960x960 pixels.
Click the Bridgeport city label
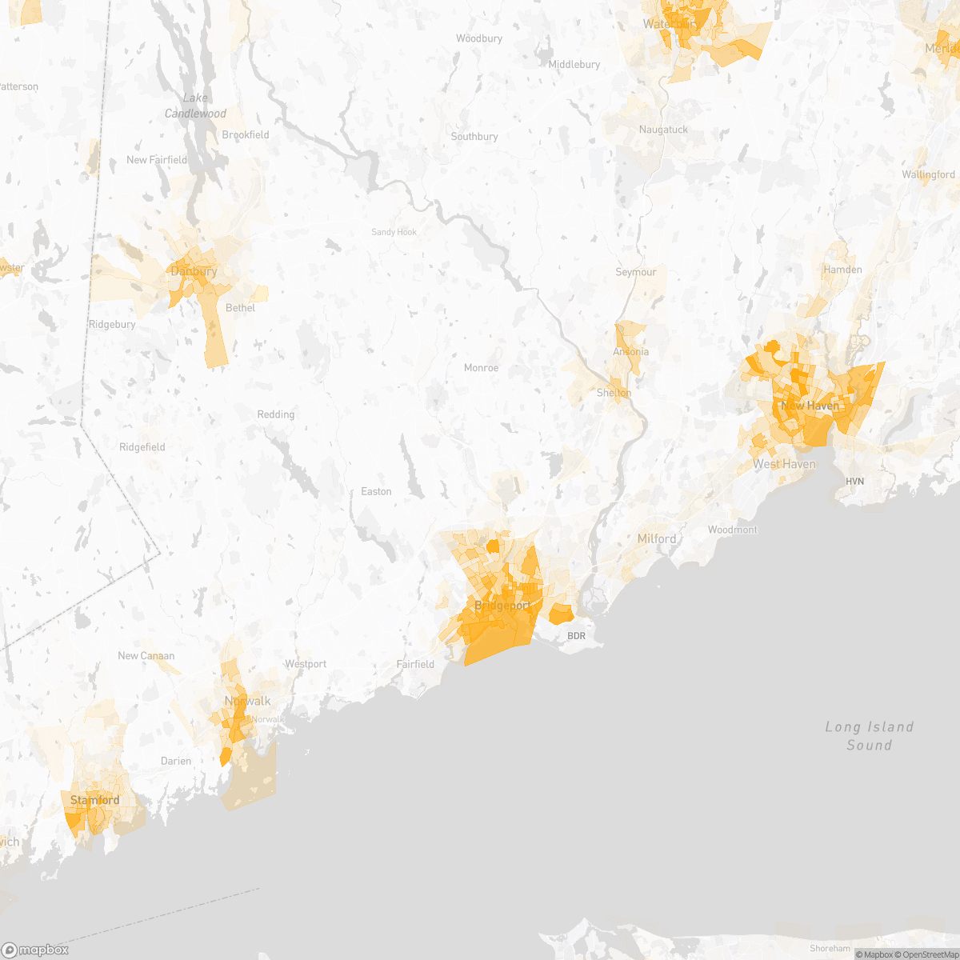pyautogui.click(x=502, y=606)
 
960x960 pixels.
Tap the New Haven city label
pyautogui.click(x=810, y=406)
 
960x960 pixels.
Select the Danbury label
pyautogui.click(x=194, y=271)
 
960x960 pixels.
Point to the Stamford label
pyautogui.click(x=94, y=800)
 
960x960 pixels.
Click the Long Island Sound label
pyautogui.click(x=869, y=736)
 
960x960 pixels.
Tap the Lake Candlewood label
pyautogui.click(x=195, y=106)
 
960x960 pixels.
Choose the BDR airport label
pyautogui.click(x=576, y=636)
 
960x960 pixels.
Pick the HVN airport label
pyautogui.click(x=854, y=482)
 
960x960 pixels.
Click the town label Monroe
pyautogui.click(x=481, y=368)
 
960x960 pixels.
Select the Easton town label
pyautogui.click(x=376, y=491)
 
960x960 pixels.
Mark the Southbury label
pyautogui.click(x=474, y=137)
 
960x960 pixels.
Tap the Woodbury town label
pyautogui.click(x=478, y=38)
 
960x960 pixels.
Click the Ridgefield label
pyautogui.click(x=142, y=447)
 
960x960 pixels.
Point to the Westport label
pyautogui.click(x=306, y=664)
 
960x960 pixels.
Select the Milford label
pyautogui.click(x=656, y=539)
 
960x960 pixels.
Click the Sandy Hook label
pyautogui.click(x=394, y=232)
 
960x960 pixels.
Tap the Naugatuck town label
pyautogui.click(x=662, y=130)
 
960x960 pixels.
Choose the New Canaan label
pyautogui.click(x=146, y=656)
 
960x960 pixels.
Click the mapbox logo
pyautogui.click(x=35, y=950)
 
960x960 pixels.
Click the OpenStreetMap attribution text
pyautogui.click(x=929, y=954)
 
